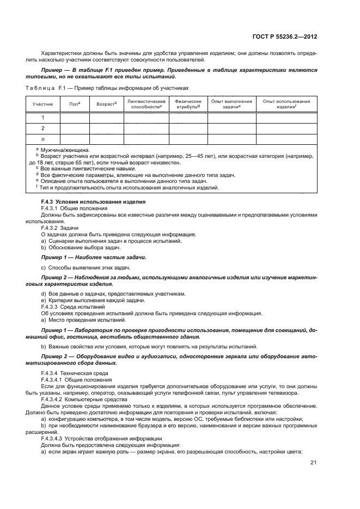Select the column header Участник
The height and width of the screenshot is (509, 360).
(x=42, y=103)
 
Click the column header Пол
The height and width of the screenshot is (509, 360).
(x=75, y=103)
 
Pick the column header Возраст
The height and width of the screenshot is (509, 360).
(x=106, y=103)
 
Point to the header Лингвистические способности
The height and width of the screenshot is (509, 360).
(x=146, y=103)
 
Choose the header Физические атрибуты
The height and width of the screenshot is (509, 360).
(x=188, y=103)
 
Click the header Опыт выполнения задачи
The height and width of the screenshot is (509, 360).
(x=231, y=103)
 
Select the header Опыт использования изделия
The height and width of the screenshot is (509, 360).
(x=286, y=103)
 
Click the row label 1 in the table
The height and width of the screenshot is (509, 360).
(x=42, y=117)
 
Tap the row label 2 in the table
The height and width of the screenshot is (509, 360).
(x=42, y=128)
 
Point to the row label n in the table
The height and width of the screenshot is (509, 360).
(x=42, y=140)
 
